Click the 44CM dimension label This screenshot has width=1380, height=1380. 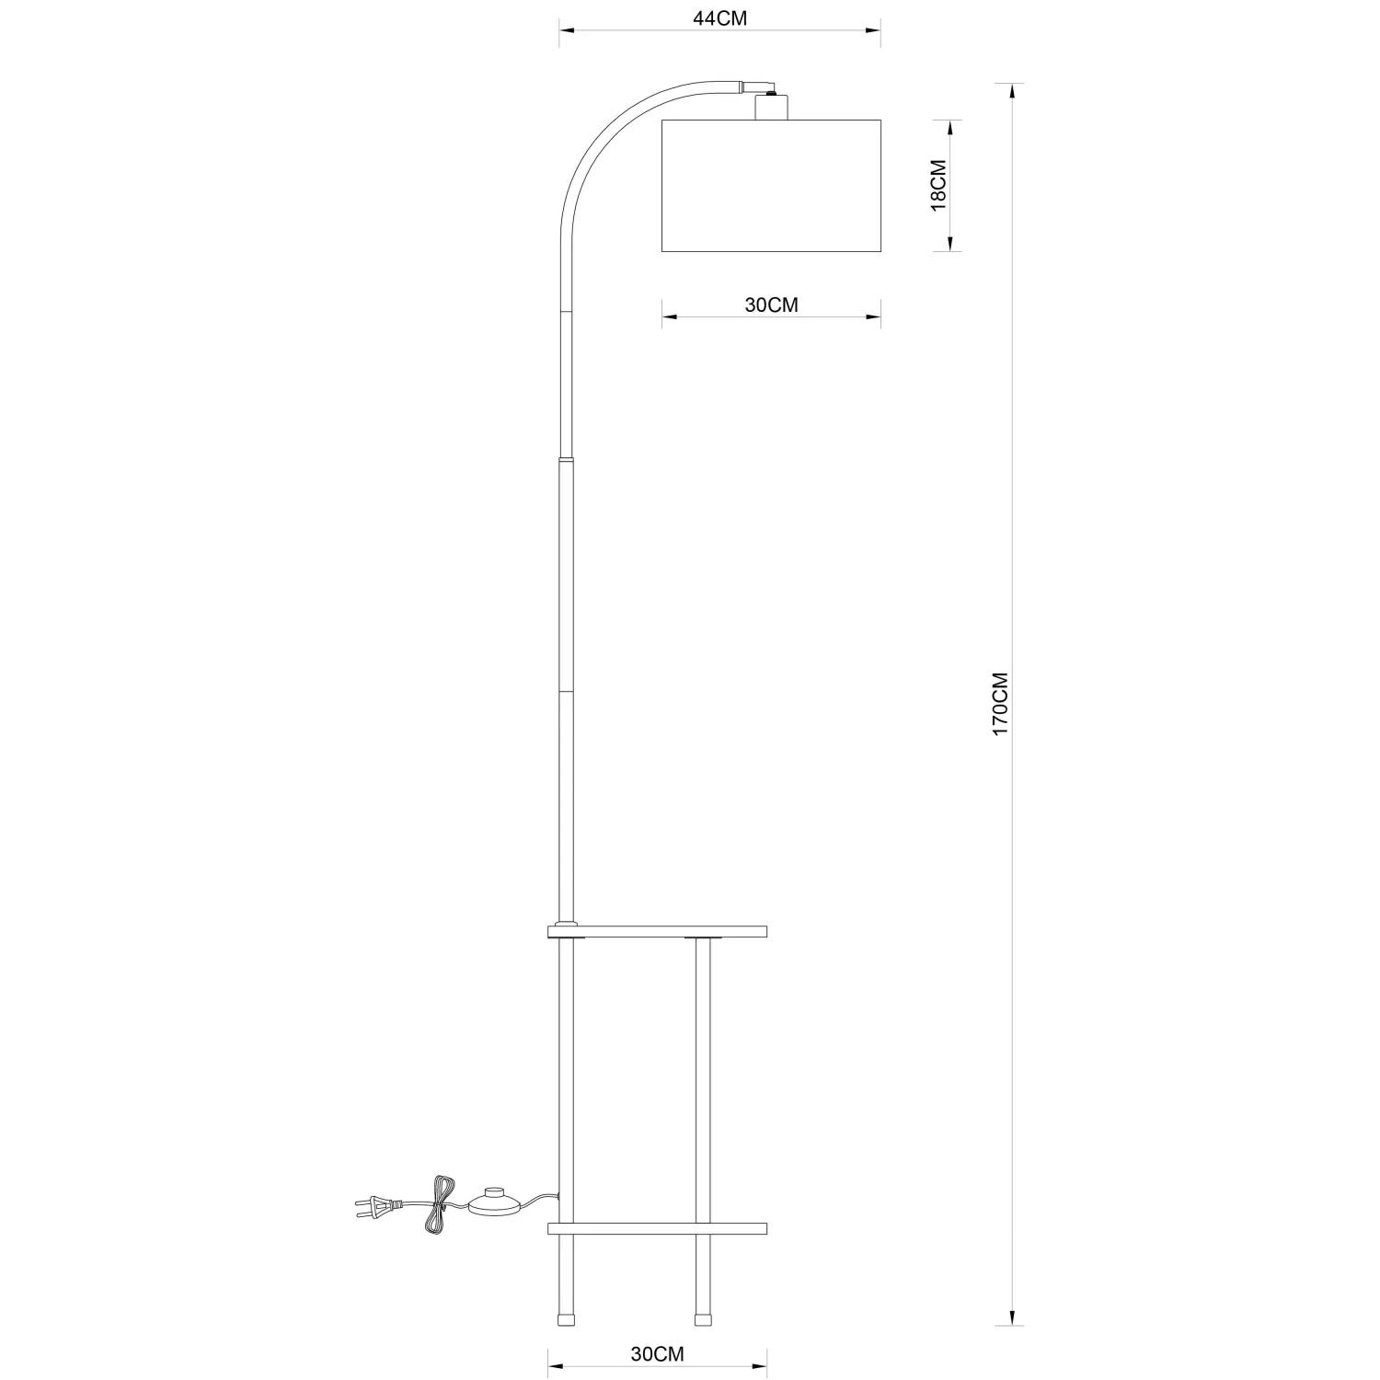[719, 19]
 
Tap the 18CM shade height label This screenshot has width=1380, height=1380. [937, 186]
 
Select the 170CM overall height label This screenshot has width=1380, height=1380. [1000, 703]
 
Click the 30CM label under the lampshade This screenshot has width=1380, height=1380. [771, 305]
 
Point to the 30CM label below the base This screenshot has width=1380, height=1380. [657, 1353]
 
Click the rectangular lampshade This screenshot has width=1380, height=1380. [771, 186]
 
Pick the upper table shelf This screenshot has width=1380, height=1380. [657, 932]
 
